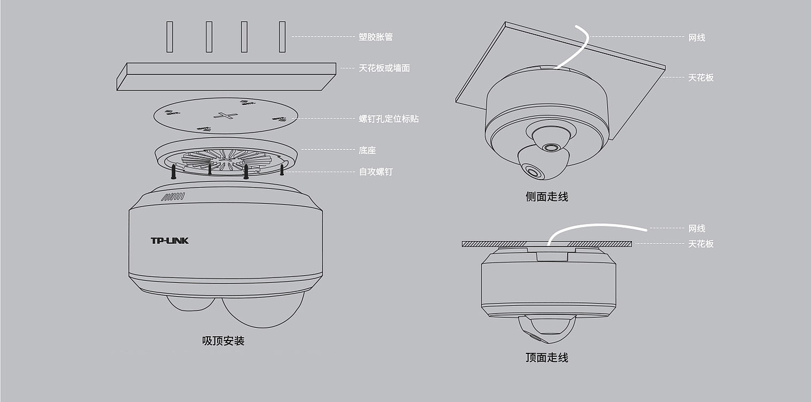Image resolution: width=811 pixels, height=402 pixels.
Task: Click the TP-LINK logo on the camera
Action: pos(170,240)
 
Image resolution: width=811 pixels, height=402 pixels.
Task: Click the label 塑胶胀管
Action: pos(375,37)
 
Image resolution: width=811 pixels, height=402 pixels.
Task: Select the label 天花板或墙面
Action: pos(384,68)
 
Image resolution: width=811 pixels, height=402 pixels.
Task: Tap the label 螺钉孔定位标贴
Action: pos(389,119)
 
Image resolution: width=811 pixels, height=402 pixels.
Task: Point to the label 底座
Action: pos(367,150)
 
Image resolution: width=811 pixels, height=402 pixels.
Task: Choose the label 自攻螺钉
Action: pos(375,172)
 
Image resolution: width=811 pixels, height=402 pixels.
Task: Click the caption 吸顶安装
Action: pos(223,341)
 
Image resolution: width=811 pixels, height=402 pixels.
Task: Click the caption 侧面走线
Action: pos(546,197)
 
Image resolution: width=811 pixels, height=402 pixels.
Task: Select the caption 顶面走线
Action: pos(546,357)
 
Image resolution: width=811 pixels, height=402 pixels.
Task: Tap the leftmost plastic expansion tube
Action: pos(169,37)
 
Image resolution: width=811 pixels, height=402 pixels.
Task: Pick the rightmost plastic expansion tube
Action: pos(282,37)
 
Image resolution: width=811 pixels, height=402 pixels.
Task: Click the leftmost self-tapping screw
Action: pos(173,172)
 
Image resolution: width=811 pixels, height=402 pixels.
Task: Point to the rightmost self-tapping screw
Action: pos(282,170)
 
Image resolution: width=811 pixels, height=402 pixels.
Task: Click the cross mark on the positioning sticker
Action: pos(225,115)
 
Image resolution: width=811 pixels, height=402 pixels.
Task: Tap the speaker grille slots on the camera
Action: pos(172,197)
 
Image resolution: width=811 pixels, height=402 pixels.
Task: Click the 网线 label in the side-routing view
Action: pos(696,38)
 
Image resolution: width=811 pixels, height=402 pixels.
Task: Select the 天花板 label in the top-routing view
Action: pos(700,244)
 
